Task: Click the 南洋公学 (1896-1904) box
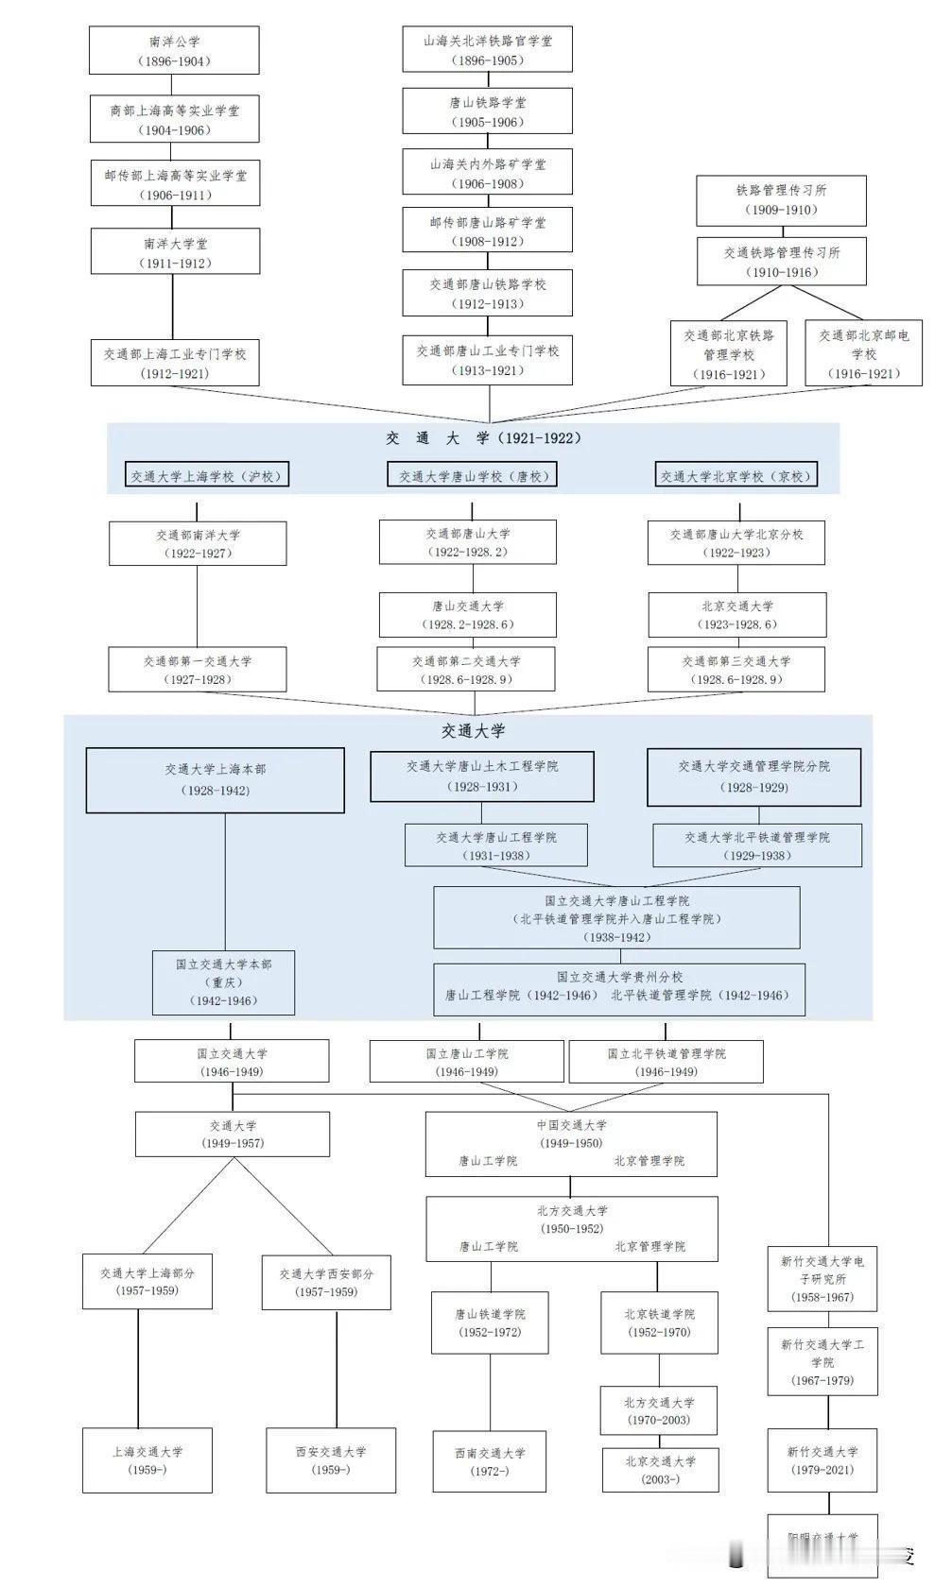click(x=174, y=51)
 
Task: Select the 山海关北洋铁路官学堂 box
click(x=487, y=50)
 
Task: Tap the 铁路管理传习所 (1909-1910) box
click(x=781, y=200)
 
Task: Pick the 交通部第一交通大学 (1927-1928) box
click(x=198, y=670)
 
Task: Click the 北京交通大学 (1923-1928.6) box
click(x=736, y=615)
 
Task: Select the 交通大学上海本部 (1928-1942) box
click(x=215, y=780)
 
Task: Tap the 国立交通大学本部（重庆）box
click(x=223, y=982)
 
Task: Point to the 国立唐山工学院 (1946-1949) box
click(x=466, y=1062)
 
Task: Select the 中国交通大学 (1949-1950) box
click(x=570, y=1143)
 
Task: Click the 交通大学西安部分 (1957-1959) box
click(x=326, y=1282)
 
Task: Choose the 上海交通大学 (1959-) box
click(x=147, y=1460)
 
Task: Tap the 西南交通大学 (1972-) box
click(x=489, y=1461)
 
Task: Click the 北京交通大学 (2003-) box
click(x=660, y=1470)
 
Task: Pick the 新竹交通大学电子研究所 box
click(x=822, y=1278)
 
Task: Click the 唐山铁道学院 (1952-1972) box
click(x=489, y=1322)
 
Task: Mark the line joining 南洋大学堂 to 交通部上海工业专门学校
click(x=173, y=307)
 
